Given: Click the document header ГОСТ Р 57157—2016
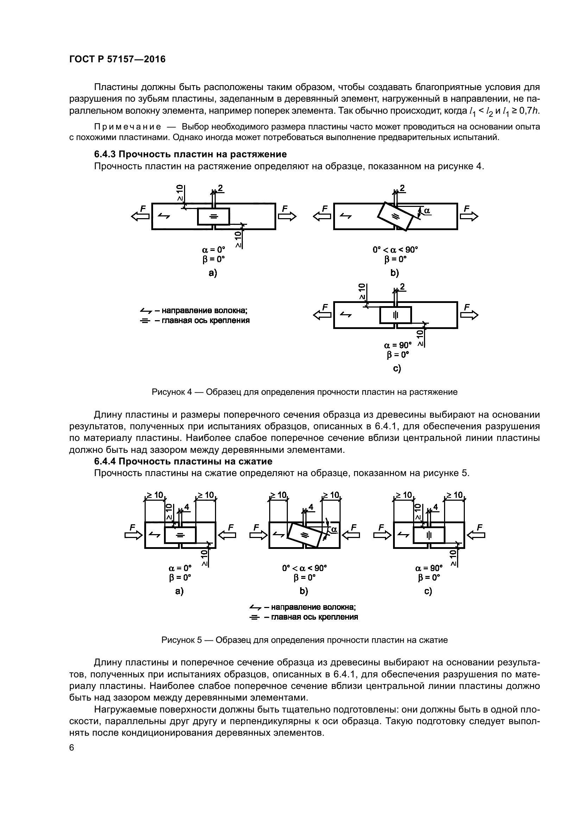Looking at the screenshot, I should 117,59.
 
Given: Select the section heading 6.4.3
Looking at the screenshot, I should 190,154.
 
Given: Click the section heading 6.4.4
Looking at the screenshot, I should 183,461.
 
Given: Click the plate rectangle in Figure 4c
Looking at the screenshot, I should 395,315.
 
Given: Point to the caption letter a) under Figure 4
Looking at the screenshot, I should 213,273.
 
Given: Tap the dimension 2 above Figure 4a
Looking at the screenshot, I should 220,188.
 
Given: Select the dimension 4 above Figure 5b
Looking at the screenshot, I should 311,507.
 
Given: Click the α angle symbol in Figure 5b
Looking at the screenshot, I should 334,529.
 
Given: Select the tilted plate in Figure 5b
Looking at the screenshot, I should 305,535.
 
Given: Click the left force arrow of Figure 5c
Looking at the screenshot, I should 383,535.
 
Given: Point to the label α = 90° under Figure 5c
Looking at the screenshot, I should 429,568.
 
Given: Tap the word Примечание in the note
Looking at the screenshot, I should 127,127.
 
